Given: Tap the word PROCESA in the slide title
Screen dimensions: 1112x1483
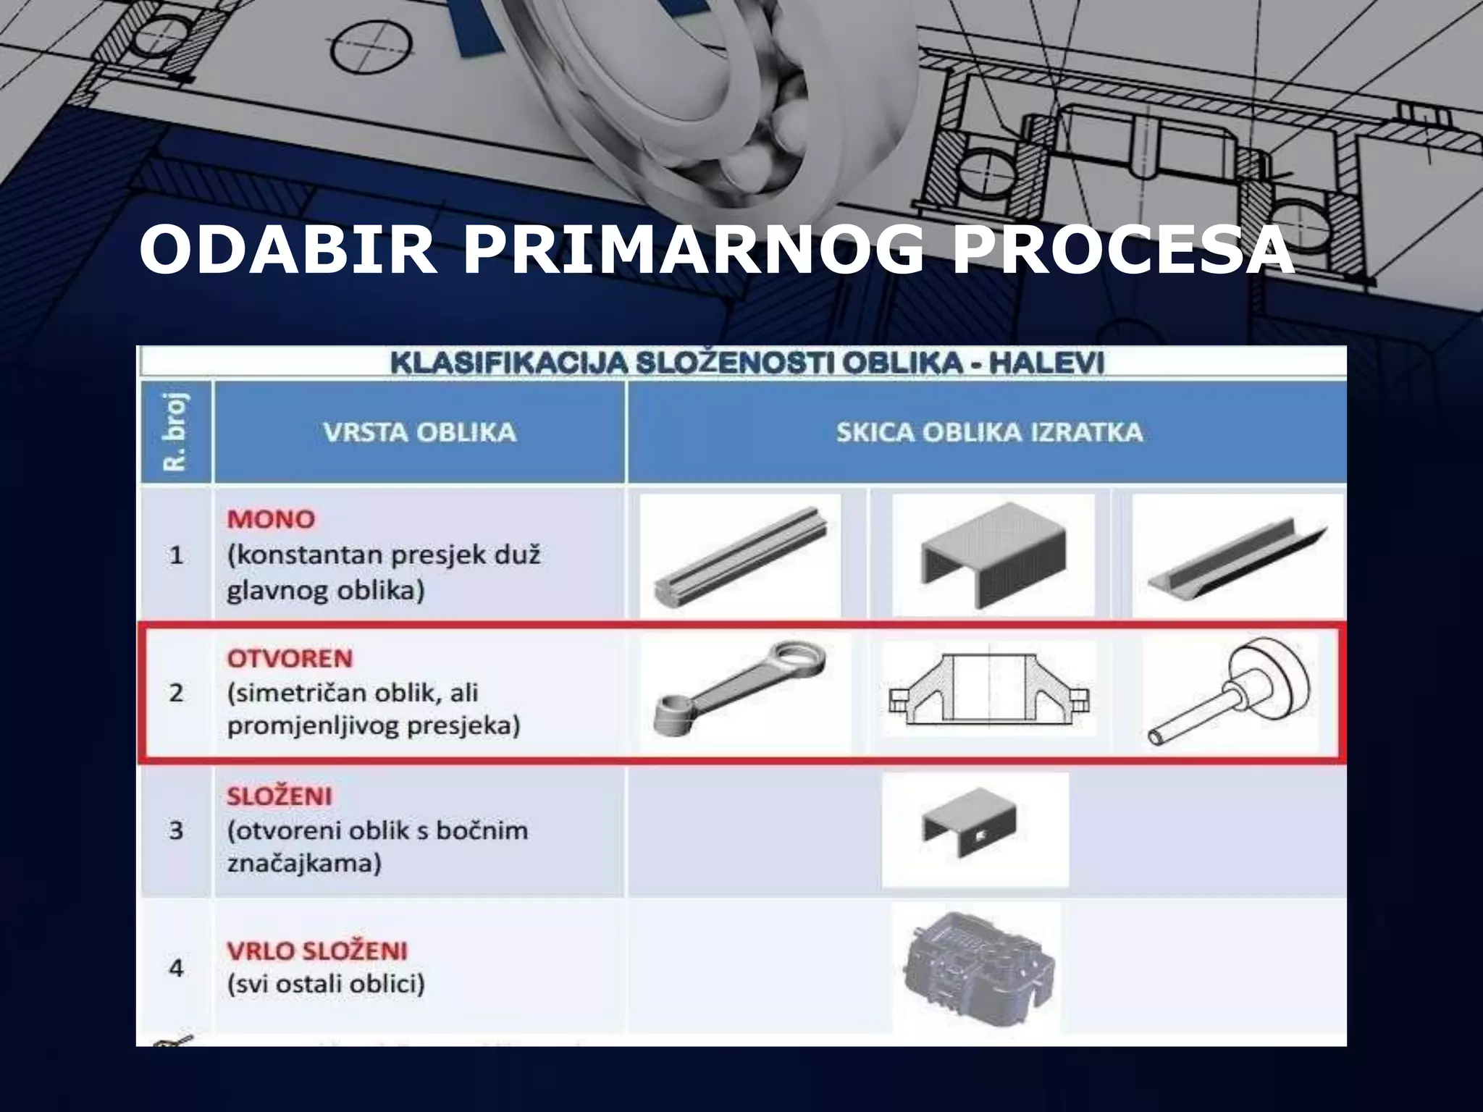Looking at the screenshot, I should coord(1123,250).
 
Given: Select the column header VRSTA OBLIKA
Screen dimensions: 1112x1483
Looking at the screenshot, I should coord(419,432).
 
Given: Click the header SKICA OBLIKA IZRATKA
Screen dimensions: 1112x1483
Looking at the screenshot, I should coord(989,432).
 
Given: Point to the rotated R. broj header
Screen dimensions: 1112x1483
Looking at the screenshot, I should coord(176,432).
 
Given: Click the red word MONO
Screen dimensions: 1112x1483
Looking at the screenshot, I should coord(271,519).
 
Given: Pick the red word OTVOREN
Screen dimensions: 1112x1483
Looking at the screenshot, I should coord(290,659).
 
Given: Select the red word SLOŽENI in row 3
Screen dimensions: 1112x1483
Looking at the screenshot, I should coord(279,796).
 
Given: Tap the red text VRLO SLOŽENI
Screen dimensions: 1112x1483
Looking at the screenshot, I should coord(316,951).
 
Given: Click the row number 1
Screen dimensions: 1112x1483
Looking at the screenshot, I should coord(176,555).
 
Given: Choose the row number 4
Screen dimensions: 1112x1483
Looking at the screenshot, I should coord(176,968).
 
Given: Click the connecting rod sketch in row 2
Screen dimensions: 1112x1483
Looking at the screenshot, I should coord(739,691).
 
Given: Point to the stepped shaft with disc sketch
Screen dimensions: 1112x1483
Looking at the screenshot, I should coord(1231,691).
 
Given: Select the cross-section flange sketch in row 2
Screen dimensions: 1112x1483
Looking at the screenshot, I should coord(989,691).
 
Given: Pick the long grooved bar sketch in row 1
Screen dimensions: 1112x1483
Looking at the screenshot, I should coord(740,556).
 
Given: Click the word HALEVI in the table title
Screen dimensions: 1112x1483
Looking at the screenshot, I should coord(1046,362).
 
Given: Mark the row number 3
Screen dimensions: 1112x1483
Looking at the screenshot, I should coord(176,830).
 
